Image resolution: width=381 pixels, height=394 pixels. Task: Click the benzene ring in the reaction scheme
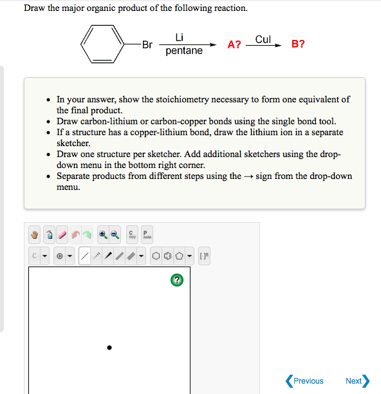point(100,44)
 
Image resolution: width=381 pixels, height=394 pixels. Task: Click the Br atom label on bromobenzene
point(147,44)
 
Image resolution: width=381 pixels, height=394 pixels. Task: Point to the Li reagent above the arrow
point(180,37)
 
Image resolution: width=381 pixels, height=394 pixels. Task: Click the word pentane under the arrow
point(184,51)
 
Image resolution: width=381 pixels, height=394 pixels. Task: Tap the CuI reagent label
point(263,39)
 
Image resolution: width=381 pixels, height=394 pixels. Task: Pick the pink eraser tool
point(62,234)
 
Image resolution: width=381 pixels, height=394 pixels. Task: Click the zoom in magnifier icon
point(103,234)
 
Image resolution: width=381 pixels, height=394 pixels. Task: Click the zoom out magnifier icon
point(115,234)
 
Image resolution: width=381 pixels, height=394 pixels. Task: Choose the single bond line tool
point(85,256)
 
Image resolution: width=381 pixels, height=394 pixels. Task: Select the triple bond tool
point(131,256)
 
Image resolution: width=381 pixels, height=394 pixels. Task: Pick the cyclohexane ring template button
point(156,256)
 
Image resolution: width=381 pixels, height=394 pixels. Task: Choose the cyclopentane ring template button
point(180,256)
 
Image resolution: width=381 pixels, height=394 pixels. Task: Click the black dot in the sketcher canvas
point(109,348)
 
